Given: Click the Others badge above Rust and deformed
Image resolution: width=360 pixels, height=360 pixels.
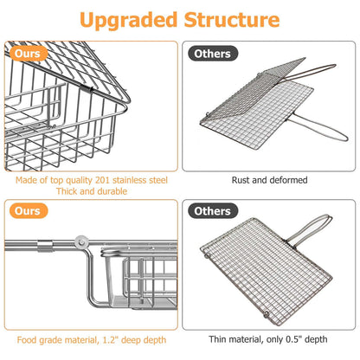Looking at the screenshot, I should pyautogui.click(x=213, y=53).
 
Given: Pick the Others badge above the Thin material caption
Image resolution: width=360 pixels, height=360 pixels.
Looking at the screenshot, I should pyautogui.click(x=213, y=211).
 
